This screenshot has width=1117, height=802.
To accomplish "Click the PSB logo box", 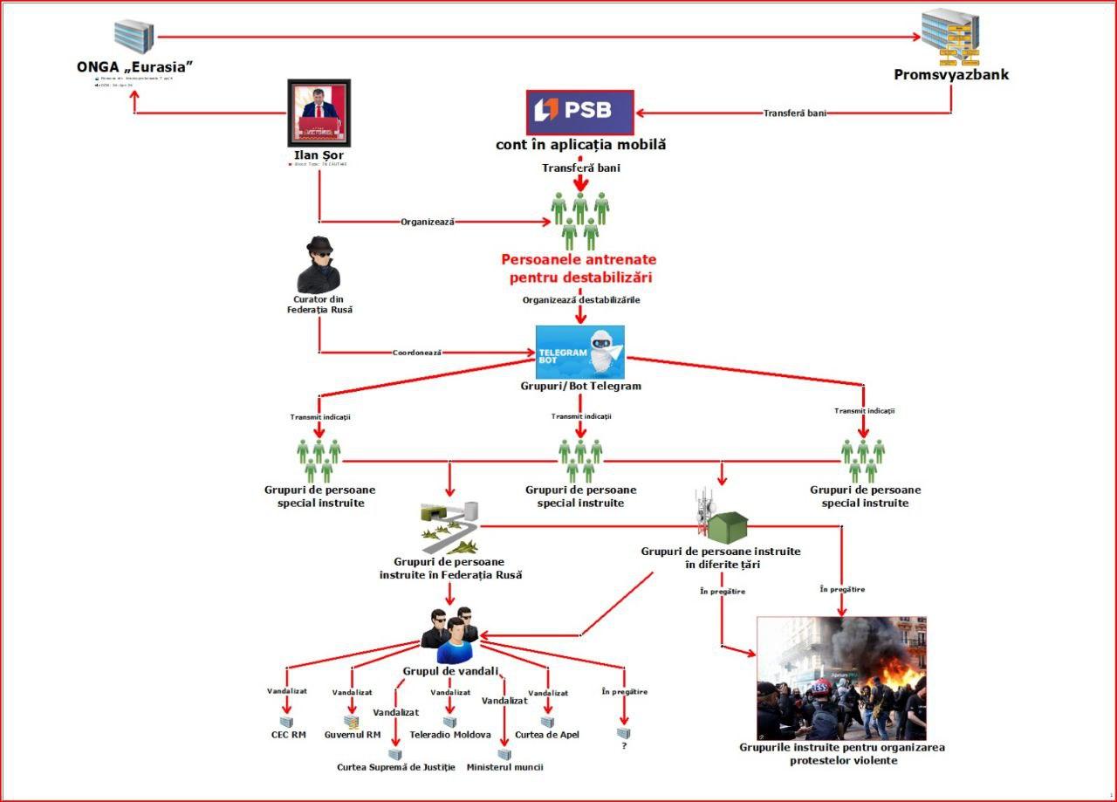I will (x=580, y=112).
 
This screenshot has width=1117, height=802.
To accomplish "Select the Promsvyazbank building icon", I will (x=951, y=38).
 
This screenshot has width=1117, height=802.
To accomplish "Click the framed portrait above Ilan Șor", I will (x=319, y=113).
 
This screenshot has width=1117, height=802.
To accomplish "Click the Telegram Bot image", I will (x=580, y=353).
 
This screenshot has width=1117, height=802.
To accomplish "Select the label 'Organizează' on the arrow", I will (x=428, y=222).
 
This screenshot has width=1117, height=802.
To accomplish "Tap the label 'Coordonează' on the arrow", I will (x=417, y=353).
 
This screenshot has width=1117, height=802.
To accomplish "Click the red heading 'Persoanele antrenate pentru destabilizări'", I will (x=579, y=269).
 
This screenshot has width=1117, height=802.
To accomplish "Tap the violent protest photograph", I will (x=841, y=678).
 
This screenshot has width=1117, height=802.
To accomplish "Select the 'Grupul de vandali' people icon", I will (x=450, y=634).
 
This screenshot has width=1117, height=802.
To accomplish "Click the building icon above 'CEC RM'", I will (x=286, y=722).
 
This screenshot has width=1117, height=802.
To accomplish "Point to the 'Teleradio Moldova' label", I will (x=450, y=735).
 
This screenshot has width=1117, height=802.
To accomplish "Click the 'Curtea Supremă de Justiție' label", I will (x=396, y=767).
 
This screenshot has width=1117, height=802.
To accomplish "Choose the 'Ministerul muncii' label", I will (x=504, y=767).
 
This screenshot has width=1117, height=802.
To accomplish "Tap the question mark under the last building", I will (x=624, y=747).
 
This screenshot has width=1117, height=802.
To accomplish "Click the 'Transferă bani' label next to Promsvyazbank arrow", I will (x=794, y=113).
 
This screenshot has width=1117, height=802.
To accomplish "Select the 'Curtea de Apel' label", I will (x=547, y=735).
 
